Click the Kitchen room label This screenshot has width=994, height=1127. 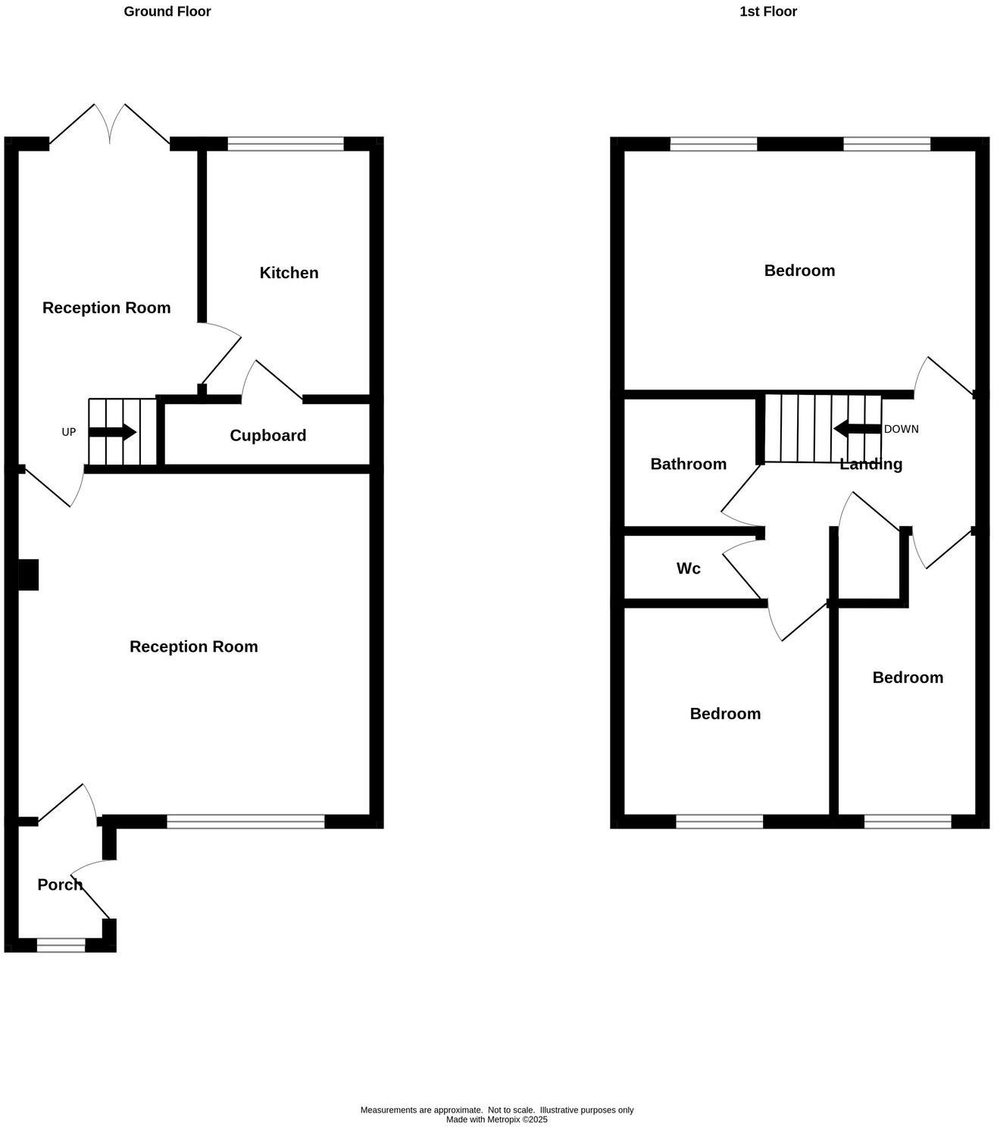289,273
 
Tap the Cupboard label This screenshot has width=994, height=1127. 267,435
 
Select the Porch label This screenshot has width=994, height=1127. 60,884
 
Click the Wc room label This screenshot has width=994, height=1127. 688,568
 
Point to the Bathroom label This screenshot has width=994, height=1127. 688,464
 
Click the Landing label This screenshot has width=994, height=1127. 871,464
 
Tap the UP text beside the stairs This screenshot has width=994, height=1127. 69,432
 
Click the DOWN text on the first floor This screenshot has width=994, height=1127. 901,429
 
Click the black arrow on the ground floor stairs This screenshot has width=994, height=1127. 112,432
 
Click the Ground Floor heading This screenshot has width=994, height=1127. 167,11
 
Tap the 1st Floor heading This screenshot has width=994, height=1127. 768,11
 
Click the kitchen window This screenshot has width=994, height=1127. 286,144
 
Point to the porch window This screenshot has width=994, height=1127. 61,944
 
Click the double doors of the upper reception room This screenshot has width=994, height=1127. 110,125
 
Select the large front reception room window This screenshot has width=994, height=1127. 245,821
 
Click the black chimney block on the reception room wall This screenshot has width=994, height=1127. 28,574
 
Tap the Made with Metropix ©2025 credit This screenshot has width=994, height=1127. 496,1119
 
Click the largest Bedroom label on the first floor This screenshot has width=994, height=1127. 799,271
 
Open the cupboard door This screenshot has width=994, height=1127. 273,378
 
